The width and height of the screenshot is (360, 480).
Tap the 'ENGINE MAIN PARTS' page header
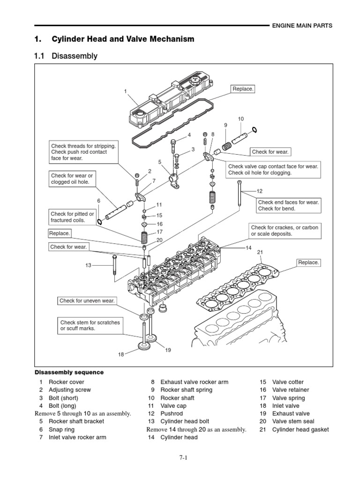point(302,26)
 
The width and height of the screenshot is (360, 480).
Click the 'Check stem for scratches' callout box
point(89,325)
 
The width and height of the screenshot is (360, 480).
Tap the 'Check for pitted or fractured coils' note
point(72,217)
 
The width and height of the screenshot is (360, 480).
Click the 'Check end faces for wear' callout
point(288,205)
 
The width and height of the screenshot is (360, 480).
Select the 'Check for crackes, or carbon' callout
point(284,231)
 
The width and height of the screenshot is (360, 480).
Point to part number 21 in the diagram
point(260,253)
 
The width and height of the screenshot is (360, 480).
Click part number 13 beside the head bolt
point(88,265)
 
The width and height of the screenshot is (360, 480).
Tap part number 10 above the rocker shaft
point(241,119)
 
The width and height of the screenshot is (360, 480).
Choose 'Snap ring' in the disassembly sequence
point(63,429)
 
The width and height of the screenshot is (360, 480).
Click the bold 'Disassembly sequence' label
point(69,372)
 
